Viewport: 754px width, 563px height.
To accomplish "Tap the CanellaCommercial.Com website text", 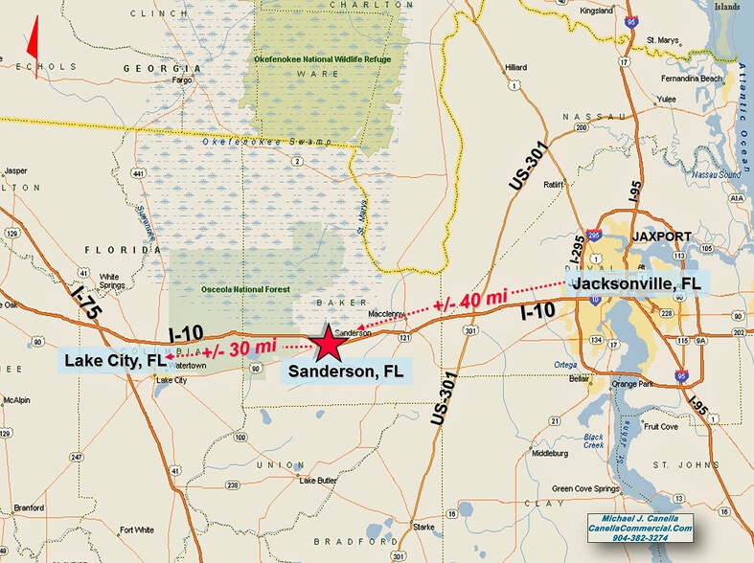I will (x=641, y=527).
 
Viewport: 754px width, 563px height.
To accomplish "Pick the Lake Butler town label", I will (x=320, y=480).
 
